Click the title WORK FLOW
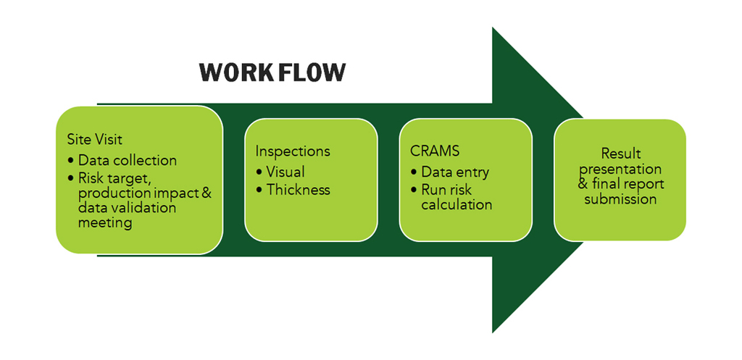(x=272, y=72)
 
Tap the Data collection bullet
(x=128, y=160)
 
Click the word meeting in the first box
(x=105, y=223)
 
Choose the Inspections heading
(x=293, y=151)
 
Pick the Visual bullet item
(x=285, y=172)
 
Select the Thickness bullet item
(x=298, y=190)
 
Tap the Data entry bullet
(x=455, y=172)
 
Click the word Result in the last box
(x=621, y=154)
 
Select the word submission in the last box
(x=621, y=198)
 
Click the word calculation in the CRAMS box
(x=457, y=204)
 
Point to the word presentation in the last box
(x=621, y=169)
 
